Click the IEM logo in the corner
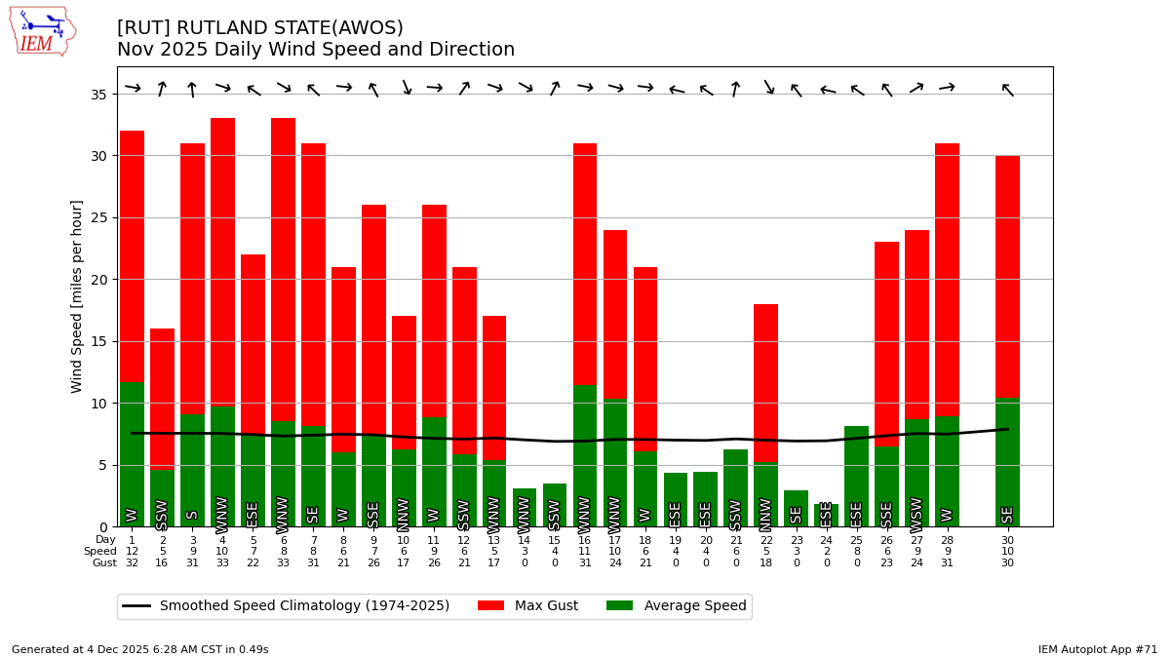pyautogui.click(x=42, y=31)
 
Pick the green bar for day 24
pyautogui.click(x=827, y=515)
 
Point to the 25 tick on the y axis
pyautogui.click(x=99, y=217)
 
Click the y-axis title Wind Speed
pyautogui.click(x=77, y=296)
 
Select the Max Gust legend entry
pyautogui.click(x=527, y=606)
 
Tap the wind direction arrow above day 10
pyautogui.click(x=404, y=88)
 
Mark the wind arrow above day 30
pyautogui.click(x=1007, y=90)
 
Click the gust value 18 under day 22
pyautogui.click(x=765, y=563)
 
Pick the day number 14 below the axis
pyautogui.click(x=525, y=540)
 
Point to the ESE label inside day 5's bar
pyautogui.click(x=253, y=513)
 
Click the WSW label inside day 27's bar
pyautogui.click(x=916, y=510)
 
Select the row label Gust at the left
pyautogui.click(x=104, y=563)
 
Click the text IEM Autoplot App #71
pyautogui.click(x=1098, y=649)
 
